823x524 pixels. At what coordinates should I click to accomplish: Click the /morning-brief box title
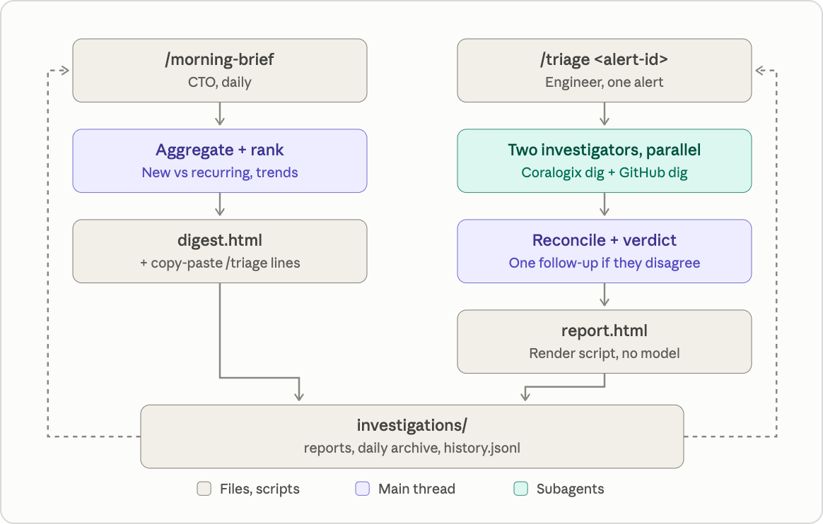tap(219, 59)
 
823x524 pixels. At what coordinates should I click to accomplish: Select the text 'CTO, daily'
tap(219, 82)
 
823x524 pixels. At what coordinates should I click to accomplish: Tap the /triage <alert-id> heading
tap(604, 59)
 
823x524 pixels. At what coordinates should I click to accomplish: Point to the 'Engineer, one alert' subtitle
tap(604, 82)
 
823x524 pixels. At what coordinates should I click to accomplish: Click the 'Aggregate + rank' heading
tap(219, 150)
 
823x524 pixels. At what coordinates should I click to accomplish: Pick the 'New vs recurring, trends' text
tap(219, 172)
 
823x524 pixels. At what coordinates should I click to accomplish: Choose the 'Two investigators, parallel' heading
tap(604, 150)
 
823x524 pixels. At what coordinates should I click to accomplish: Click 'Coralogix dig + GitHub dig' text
tap(604, 172)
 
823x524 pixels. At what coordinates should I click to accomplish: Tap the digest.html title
tap(219, 240)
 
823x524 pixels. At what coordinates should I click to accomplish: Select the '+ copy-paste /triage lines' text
tap(220, 263)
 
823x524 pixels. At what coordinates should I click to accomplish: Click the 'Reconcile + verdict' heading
tap(604, 240)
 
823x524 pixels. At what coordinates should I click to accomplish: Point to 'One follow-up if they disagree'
tap(604, 263)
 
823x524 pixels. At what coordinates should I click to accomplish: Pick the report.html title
tap(604, 331)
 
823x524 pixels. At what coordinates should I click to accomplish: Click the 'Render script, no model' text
tap(604, 353)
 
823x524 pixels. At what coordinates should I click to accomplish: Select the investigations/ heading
tap(411, 425)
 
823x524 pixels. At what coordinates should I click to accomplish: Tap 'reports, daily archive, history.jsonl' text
tap(412, 448)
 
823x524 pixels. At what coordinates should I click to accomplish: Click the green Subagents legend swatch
tap(520, 489)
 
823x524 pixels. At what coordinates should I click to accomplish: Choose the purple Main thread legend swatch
tap(363, 489)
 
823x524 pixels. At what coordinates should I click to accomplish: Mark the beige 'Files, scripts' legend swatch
tap(204, 489)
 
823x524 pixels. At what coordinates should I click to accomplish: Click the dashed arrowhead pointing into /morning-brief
tap(65, 70)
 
